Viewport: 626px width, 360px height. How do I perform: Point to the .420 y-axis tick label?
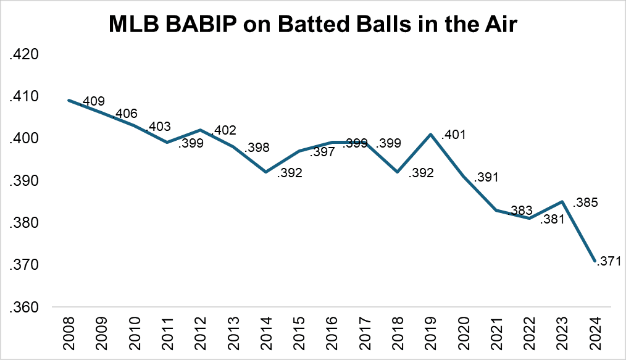(x=24, y=55)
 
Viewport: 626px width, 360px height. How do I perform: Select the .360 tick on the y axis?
(x=24, y=307)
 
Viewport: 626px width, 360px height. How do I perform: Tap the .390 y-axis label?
(x=24, y=181)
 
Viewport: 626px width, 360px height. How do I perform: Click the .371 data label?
(x=608, y=262)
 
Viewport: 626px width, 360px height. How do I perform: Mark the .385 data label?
(x=586, y=202)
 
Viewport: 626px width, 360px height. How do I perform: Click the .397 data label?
(x=322, y=152)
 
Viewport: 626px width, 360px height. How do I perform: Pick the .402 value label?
(x=223, y=131)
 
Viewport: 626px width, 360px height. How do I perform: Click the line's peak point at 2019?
(x=430, y=134)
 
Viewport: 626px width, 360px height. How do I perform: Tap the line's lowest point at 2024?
(x=595, y=261)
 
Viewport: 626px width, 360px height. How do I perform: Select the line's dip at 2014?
(x=266, y=172)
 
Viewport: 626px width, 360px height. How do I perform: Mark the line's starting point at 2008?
(x=69, y=100)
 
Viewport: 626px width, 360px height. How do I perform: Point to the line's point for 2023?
(x=562, y=201)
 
